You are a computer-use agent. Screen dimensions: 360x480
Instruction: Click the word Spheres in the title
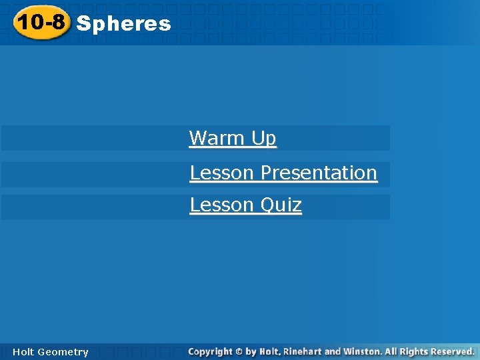tap(124, 24)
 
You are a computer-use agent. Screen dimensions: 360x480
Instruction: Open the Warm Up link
tap(233, 139)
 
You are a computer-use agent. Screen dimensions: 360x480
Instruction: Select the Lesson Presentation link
tap(283, 173)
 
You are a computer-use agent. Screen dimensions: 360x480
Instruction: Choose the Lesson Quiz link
tap(245, 205)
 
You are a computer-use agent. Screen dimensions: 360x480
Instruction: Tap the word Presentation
tap(319, 173)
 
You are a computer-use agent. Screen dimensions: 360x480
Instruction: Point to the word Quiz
tap(281, 205)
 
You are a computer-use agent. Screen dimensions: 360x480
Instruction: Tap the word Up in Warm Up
tap(264, 139)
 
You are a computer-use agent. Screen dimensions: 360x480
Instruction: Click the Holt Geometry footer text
tap(51, 352)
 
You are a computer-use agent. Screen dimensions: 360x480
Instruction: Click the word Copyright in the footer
tap(211, 351)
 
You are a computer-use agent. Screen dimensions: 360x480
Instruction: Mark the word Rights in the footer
tap(414, 351)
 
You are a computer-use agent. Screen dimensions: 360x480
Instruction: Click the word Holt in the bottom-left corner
tap(23, 352)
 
